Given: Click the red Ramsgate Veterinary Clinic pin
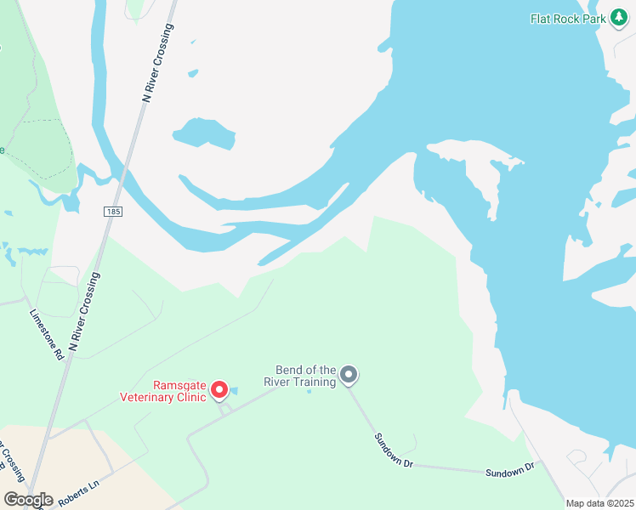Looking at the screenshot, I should click(219, 389).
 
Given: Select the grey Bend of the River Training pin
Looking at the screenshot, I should click(348, 374).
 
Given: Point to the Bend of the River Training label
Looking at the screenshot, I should click(306, 376).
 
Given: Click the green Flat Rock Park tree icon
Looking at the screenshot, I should click(620, 18).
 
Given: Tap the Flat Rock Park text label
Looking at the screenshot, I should click(569, 18).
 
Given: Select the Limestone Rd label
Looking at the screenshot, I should click(47, 334).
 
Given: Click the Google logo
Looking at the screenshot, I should click(28, 500).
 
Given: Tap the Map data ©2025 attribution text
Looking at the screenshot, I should click(599, 503).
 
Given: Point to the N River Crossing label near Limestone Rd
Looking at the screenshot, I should click(85, 311).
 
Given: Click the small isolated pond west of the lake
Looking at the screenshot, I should click(203, 133).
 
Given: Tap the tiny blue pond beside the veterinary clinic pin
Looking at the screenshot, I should click(234, 391).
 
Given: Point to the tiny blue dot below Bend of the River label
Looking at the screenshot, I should click(309, 391).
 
